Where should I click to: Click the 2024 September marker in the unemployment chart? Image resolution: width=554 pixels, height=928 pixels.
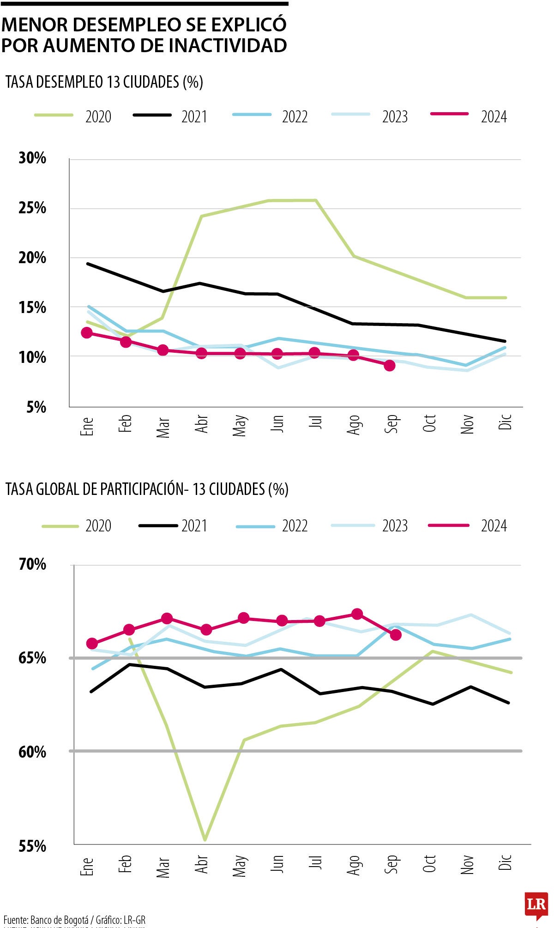(390, 366)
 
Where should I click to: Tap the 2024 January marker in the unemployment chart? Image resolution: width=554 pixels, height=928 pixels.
(87, 333)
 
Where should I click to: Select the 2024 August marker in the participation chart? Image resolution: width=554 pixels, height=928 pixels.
(357, 614)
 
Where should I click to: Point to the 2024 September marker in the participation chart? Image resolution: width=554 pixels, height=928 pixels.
(396, 635)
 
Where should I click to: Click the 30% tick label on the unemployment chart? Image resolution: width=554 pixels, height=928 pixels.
(32, 158)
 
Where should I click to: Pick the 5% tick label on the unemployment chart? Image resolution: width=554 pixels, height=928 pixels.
(36, 407)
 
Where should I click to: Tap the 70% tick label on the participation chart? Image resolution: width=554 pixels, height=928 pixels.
(32, 564)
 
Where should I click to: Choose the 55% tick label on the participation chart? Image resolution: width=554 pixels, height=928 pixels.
(32, 846)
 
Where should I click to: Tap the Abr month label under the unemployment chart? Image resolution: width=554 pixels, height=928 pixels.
(202, 424)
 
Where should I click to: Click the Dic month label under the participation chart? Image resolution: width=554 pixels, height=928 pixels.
(506, 862)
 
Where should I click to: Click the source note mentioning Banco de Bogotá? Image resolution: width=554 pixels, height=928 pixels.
(74, 919)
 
